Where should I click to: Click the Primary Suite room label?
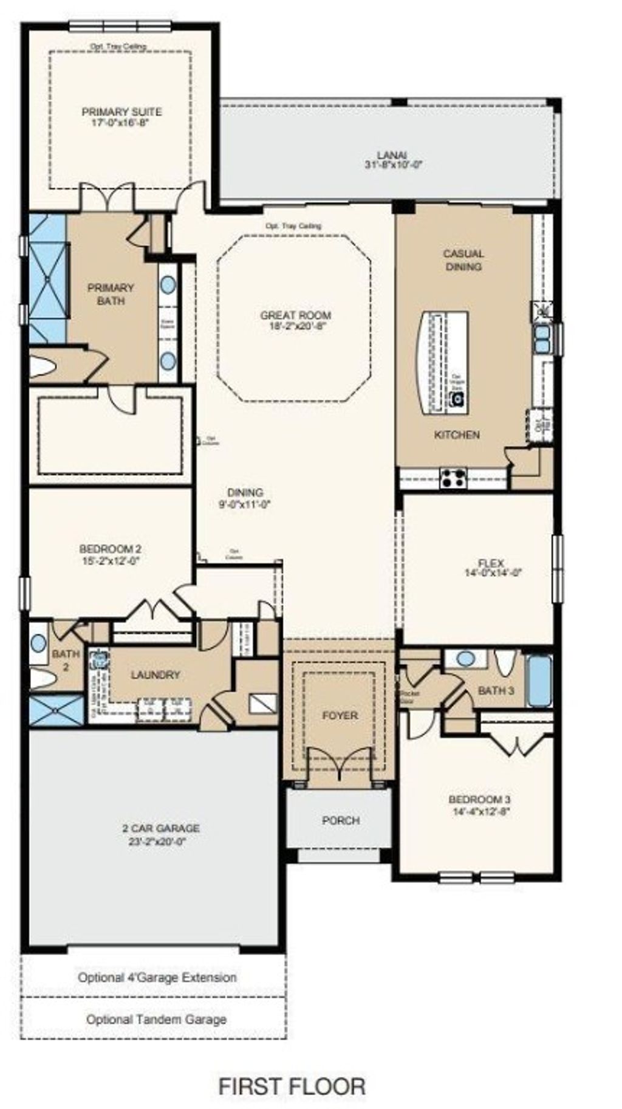tap(121, 112)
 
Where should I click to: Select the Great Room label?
tap(295, 315)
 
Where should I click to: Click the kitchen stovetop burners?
tap(453, 478)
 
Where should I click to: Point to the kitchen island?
tap(442, 362)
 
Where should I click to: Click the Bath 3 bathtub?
tap(539, 681)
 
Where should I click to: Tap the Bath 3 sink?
tap(466, 659)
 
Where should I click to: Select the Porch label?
tap(341, 820)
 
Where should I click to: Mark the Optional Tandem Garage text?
tap(156, 1019)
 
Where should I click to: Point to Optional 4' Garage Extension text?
tap(157, 978)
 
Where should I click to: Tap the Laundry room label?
tap(155, 675)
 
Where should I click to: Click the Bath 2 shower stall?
tap(56, 710)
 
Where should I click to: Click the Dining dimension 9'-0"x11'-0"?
tap(245, 504)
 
